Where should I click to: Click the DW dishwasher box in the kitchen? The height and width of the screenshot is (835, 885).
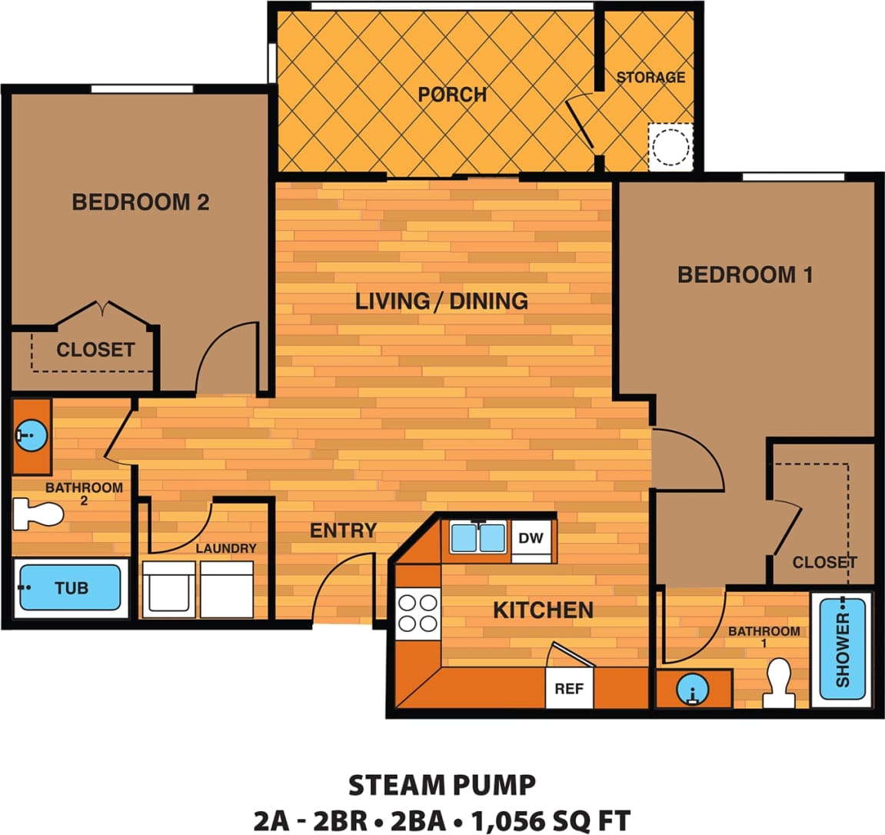(531, 538)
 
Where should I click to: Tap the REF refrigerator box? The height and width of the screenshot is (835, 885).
(569, 688)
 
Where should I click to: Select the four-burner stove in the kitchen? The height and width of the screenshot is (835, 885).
(418, 613)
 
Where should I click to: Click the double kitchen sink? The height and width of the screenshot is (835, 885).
(478, 538)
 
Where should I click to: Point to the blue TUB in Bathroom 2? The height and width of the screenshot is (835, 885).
(71, 588)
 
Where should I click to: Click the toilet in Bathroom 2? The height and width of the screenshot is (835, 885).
(38, 514)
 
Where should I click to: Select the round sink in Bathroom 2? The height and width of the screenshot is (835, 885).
(32, 436)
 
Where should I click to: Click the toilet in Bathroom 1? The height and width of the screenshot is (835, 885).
(780, 683)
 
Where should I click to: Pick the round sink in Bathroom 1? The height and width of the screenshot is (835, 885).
(693, 690)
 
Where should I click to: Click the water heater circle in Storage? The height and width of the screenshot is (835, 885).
(671, 146)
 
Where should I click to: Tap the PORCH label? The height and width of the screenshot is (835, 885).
(452, 95)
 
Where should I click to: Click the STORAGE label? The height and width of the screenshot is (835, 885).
(650, 77)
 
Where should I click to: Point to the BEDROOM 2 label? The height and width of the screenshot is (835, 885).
(140, 202)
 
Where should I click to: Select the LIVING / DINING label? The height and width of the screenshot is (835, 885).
(441, 301)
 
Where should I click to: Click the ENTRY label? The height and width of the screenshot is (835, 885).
(343, 531)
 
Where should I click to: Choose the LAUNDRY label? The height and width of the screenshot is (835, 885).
(225, 548)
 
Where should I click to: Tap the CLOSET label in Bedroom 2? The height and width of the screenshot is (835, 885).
(95, 350)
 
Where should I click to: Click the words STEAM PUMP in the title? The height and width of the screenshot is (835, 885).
(442, 786)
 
